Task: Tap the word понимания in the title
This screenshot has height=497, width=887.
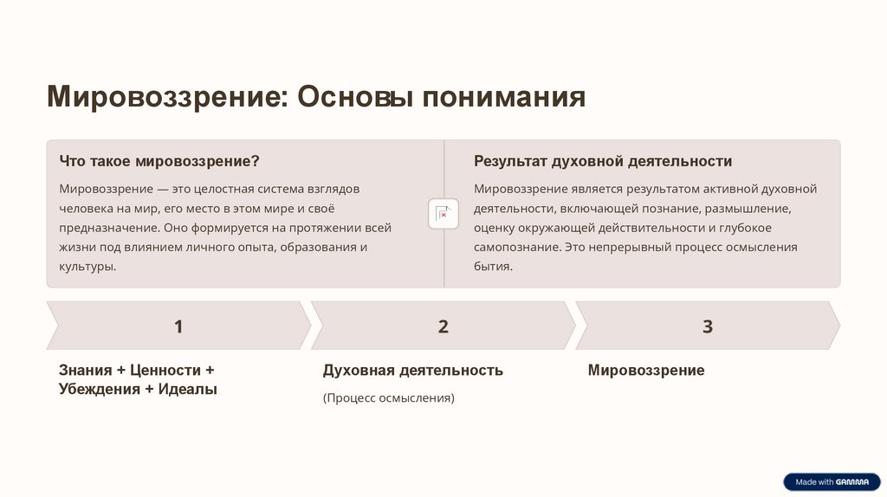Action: pyautogui.click(x=503, y=97)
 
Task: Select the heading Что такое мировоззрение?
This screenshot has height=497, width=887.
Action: pyautogui.click(x=159, y=161)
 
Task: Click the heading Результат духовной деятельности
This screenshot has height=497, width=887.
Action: pyautogui.click(x=603, y=161)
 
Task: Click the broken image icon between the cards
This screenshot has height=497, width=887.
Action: pyautogui.click(x=443, y=214)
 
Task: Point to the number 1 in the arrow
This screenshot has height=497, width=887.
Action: pyautogui.click(x=178, y=326)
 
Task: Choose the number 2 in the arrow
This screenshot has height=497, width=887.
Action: pyautogui.click(x=443, y=326)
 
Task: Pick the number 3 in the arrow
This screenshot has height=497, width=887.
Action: pyautogui.click(x=708, y=326)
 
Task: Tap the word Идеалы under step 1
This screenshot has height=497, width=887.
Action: pyautogui.click(x=188, y=389)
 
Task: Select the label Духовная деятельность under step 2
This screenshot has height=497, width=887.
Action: pyautogui.click(x=413, y=370)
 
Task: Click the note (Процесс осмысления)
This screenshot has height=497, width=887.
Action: pyautogui.click(x=389, y=398)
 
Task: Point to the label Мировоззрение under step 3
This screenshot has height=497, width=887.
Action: pyautogui.click(x=646, y=370)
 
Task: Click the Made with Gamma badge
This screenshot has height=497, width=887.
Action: pyautogui.click(x=831, y=481)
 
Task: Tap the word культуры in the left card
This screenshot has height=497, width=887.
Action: pyautogui.click(x=86, y=267)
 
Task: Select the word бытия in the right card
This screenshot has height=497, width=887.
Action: pyautogui.click(x=491, y=267)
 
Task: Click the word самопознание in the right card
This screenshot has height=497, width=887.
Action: pyautogui.click(x=516, y=247)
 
